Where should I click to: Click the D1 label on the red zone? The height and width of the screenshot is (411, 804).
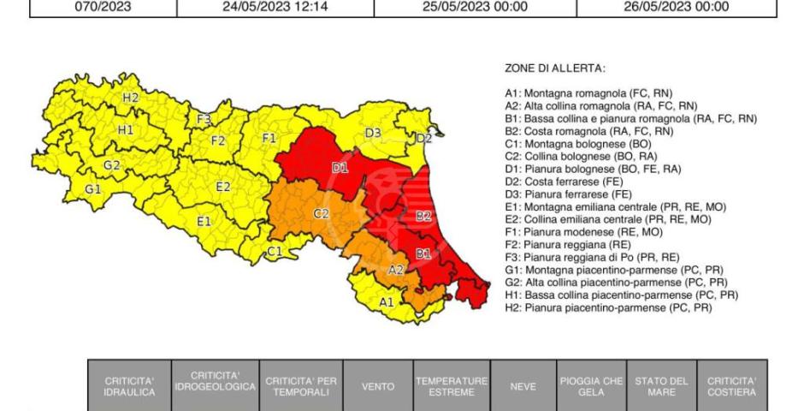340,167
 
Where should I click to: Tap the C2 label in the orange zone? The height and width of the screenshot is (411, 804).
322,213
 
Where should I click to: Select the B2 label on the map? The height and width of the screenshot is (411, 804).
423,216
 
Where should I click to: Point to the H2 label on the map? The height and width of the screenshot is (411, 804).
130,98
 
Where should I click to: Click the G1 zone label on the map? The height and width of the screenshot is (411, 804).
93,188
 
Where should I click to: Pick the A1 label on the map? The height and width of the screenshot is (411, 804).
387,301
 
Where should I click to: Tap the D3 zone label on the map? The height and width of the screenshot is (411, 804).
373,133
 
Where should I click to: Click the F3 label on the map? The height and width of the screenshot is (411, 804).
204,119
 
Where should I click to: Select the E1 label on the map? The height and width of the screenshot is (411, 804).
204,221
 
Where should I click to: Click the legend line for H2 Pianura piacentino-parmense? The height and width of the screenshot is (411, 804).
609,307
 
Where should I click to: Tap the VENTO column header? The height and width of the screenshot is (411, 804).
378,386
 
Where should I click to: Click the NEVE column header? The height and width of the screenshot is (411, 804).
523,386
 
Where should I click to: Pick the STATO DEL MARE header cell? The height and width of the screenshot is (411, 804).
662,386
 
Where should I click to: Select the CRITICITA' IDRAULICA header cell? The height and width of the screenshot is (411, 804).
129,386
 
